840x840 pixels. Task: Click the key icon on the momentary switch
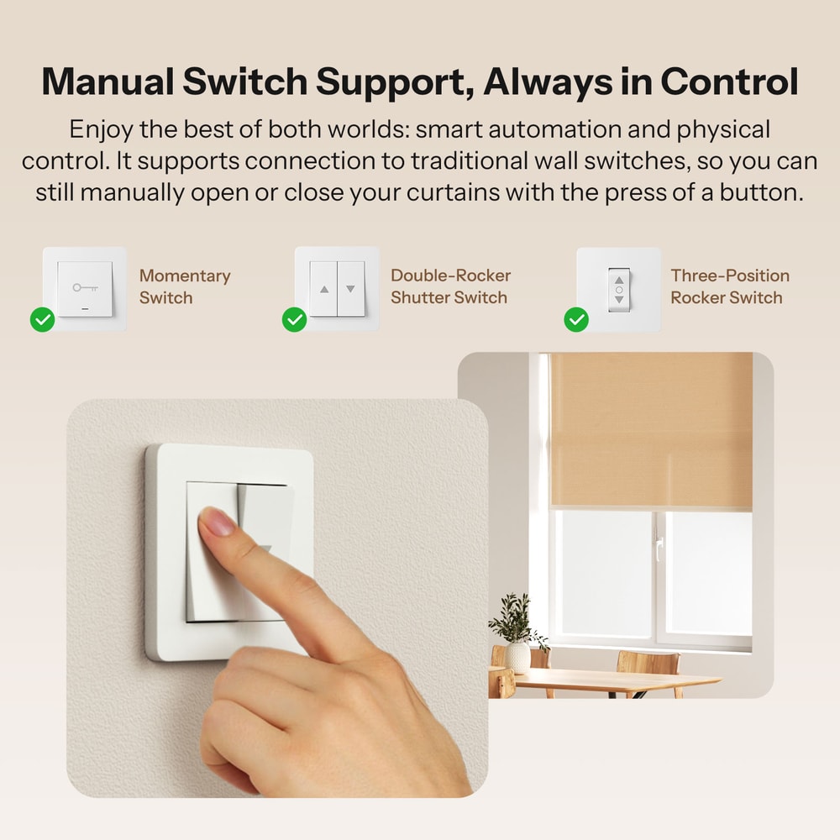pos(84,287)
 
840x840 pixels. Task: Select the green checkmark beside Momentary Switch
pos(42,319)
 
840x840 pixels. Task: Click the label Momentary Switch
pos(184,286)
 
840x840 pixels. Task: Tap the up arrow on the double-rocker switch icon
pos(323,288)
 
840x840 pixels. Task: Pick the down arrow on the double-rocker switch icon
pos(351,288)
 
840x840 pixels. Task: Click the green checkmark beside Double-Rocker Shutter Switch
pos(294,319)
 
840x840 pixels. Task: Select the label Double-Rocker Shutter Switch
pos(450,286)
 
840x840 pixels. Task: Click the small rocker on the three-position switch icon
pos(619,289)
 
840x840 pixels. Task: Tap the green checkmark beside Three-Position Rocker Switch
pos(576,319)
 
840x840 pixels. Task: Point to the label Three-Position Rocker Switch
pos(730,286)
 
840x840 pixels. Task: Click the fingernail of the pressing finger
pos(215,522)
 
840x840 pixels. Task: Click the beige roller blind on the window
pos(651,428)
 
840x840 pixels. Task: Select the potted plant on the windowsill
pos(515,630)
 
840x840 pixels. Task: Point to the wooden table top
pos(613,679)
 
